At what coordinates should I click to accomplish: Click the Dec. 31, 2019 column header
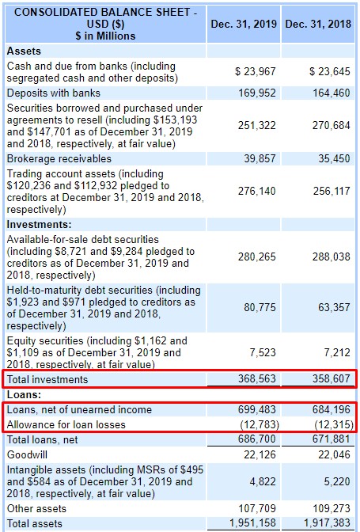pos(244,24)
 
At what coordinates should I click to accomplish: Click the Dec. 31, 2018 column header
pos(318,24)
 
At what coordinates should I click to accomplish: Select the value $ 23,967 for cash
pos(256,71)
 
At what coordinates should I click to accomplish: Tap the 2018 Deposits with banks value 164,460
pos(332,93)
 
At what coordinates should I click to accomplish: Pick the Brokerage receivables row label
pos(59,159)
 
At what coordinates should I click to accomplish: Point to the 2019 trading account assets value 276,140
pos(256,191)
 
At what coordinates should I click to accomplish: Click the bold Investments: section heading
pos(40,225)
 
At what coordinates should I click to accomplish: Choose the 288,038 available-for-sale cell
pos(332,256)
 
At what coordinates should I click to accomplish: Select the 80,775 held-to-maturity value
pos(260,307)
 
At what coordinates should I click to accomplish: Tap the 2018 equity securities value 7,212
pos(337,352)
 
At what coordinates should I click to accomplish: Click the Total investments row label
pos(47,379)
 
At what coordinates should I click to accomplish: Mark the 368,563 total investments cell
pos(256,378)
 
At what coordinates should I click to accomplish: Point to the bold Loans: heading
pos(24,394)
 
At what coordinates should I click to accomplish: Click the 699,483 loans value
pos(256,409)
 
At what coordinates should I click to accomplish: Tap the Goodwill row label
pos(27,454)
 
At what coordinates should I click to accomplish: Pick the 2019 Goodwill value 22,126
pos(260,454)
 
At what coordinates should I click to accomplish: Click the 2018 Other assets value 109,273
pos(332,508)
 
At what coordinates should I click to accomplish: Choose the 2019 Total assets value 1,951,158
pos(252,523)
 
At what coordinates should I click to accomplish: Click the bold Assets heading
pos(24,51)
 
